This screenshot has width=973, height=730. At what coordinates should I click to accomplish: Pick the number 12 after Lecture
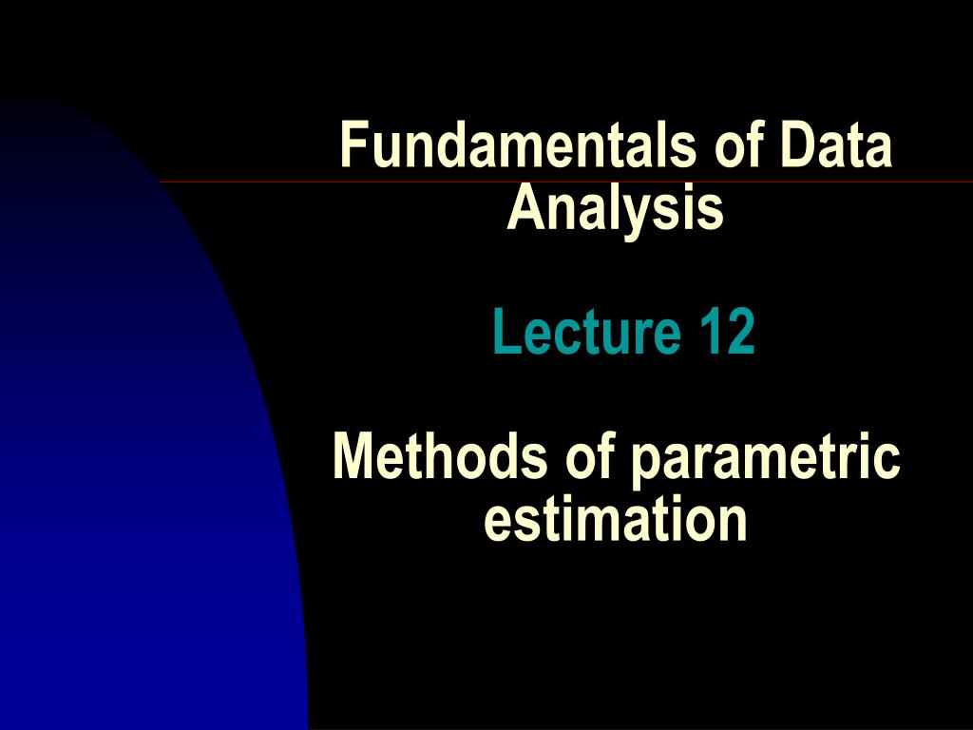[x=727, y=333]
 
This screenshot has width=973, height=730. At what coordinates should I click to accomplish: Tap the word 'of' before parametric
[x=594, y=457]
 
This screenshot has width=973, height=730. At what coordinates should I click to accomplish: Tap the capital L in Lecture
[x=504, y=333]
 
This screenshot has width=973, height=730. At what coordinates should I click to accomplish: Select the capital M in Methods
[x=353, y=457]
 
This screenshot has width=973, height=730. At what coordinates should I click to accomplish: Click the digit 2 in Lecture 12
[x=740, y=333]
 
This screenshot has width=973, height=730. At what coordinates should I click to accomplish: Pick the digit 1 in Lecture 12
[x=712, y=333]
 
